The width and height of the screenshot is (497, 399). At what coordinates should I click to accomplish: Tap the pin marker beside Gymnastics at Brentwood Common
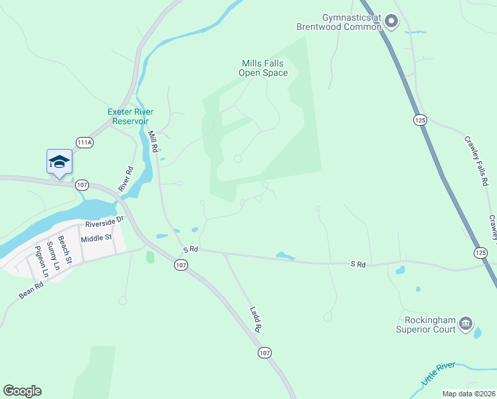(x=391, y=22)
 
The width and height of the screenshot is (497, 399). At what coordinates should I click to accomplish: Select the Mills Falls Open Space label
(x=264, y=68)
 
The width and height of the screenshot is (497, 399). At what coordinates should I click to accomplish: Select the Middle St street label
(x=96, y=237)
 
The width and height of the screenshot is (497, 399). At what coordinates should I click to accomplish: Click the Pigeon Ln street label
(x=41, y=261)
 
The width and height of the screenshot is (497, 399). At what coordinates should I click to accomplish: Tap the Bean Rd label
(x=31, y=291)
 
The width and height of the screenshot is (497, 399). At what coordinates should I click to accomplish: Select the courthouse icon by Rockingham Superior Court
(x=466, y=324)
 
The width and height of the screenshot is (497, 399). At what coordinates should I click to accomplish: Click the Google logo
(x=22, y=391)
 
